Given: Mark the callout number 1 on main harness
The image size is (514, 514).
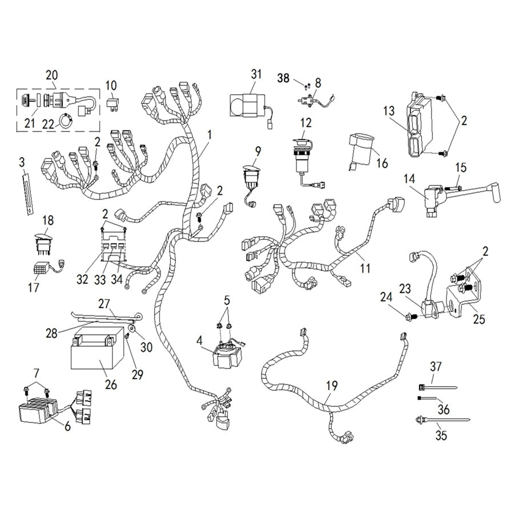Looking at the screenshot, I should [210, 135].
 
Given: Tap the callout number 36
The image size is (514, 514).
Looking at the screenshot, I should [443, 409].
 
